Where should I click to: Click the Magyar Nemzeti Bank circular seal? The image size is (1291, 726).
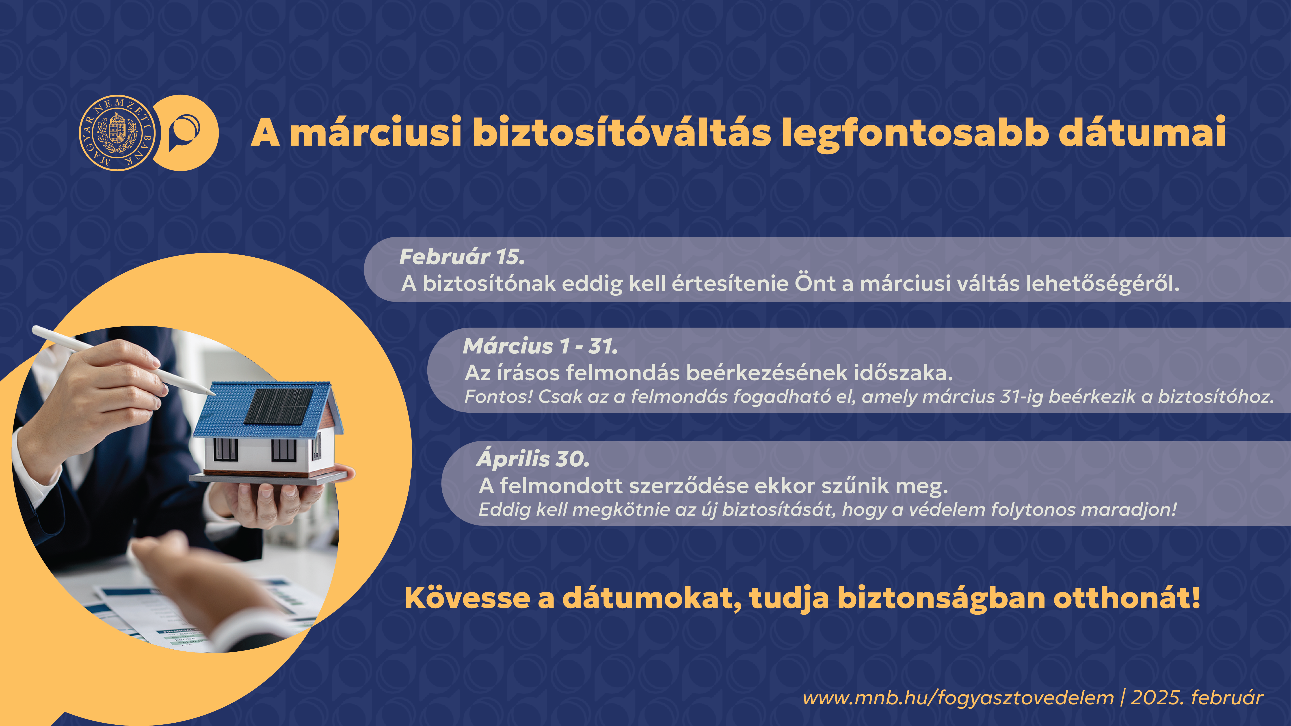(117, 133)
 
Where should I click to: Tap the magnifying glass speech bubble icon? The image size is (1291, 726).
(184, 133)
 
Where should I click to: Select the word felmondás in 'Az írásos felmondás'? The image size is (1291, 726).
(623, 373)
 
